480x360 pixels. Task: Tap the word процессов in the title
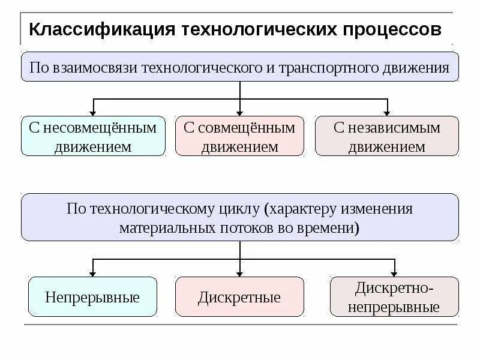click(x=393, y=29)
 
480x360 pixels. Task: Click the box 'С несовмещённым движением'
click(x=93, y=136)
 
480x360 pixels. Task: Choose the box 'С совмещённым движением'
click(x=239, y=136)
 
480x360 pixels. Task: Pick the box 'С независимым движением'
click(x=386, y=136)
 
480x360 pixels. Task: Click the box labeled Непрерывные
click(x=92, y=297)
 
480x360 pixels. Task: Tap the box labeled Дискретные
click(x=239, y=297)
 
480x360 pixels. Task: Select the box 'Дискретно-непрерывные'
click(x=394, y=297)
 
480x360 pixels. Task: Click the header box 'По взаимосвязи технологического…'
click(x=239, y=67)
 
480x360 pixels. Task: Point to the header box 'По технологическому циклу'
click(x=239, y=217)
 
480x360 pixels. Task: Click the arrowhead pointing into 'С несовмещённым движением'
click(x=93, y=112)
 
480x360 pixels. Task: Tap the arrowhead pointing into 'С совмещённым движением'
click(x=240, y=112)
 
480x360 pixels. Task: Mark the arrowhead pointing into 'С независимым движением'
click(x=387, y=112)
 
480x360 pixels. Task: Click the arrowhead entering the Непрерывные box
click(x=93, y=272)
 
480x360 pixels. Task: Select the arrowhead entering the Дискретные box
click(x=240, y=272)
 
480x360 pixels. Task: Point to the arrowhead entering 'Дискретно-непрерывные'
click(x=394, y=272)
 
